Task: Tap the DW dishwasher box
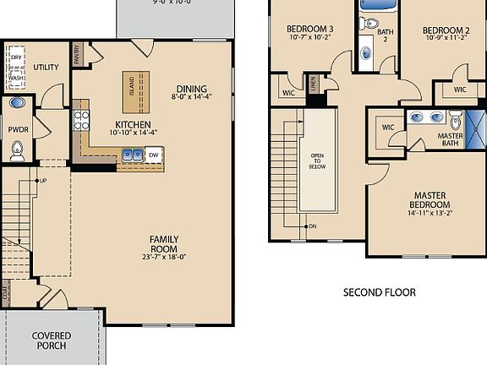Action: tap(153, 155)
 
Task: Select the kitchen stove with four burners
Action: tap(82, 119)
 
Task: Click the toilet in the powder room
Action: tap(17, 152)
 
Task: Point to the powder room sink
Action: tap(17, 104)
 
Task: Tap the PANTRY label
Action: tap(78, 53)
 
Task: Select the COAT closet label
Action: tap(6, 293)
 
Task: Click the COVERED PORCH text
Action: tap(52, 340)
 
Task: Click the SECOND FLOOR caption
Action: tap(379, 292)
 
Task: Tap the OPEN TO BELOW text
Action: tap(318, 161)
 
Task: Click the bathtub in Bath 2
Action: tap(376, 4)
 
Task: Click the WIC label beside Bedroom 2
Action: tap(459, 90)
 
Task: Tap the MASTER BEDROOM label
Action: tap(430, 200)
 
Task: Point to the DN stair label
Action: tap(311, 226)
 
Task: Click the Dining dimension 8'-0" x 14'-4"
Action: tap(192, 98)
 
